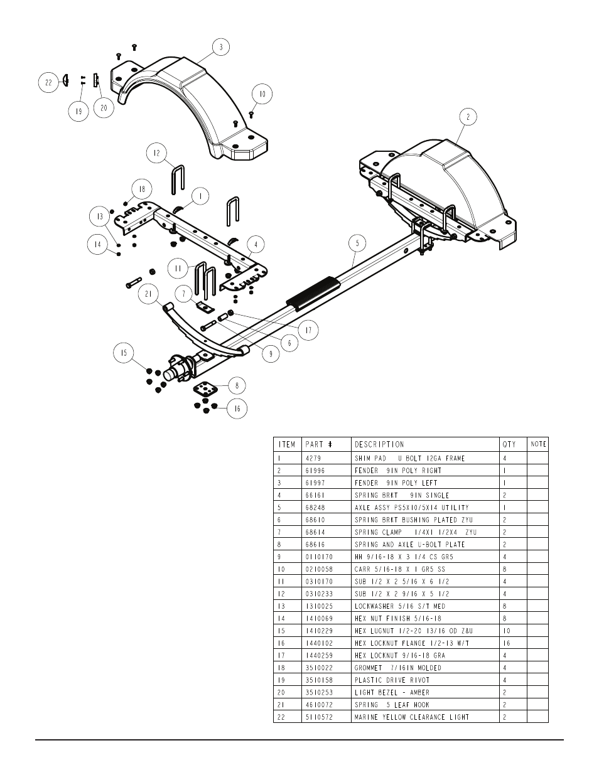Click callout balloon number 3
tap(220, 46)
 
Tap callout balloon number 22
tap(48, 83)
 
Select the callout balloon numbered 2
tap(468, 117)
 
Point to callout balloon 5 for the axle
tap(357, 243)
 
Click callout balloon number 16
tap(237, 409)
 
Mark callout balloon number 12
tap(157, 152)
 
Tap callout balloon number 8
tap(237, 385)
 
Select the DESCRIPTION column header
tap(379, 444)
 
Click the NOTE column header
tap(538, 444)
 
